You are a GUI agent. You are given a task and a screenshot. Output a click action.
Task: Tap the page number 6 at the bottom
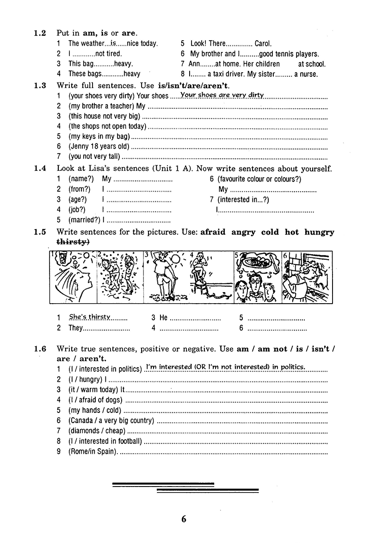pyautogui.click(x=184, y=519)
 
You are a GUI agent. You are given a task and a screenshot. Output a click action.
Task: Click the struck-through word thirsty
pyautogui.click(x=73, y=242)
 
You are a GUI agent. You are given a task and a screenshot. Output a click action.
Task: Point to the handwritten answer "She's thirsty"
pyautogui.click(x=90, y=317)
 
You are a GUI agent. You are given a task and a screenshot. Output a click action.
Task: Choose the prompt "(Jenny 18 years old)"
pyautogui.click(x=99, y=147)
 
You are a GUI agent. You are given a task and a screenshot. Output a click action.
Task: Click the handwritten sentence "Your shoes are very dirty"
pyautogui.click(x=222, y=95)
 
